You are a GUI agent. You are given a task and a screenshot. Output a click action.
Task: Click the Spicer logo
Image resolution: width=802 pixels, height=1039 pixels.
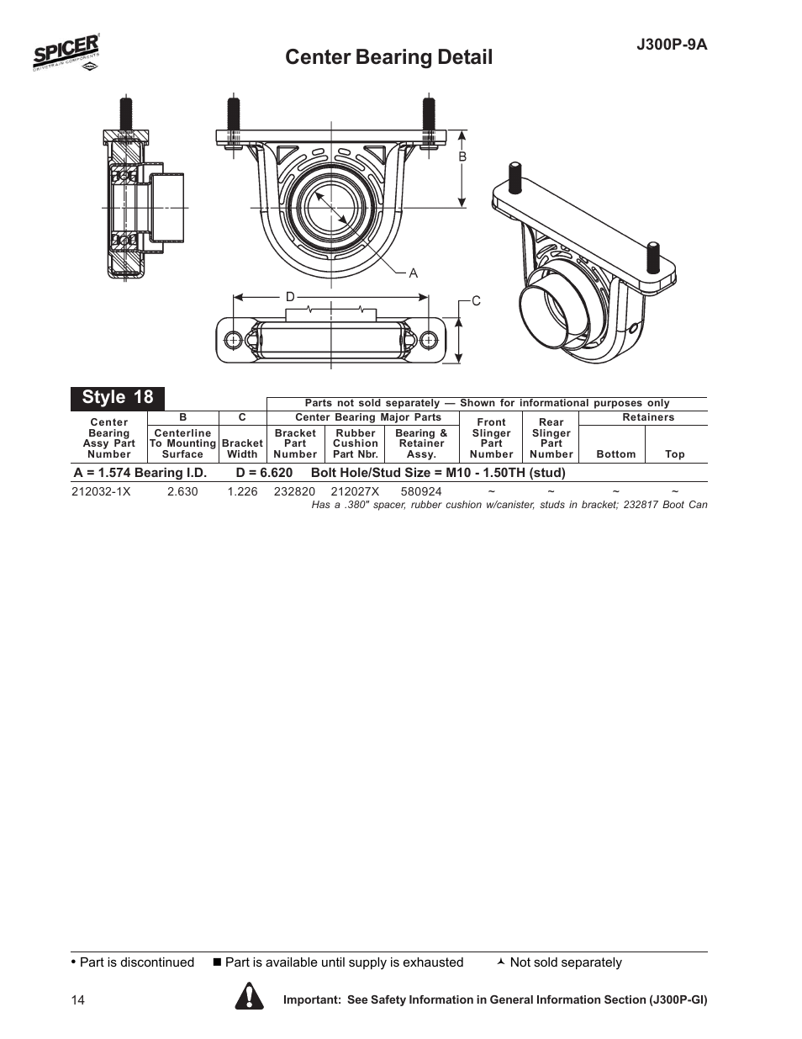(x=66, y=54)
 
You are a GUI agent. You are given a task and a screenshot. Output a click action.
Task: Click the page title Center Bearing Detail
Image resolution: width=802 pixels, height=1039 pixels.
(x=388, y=57)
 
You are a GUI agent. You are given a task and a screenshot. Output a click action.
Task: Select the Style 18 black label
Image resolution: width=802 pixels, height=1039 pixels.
(x=118, y=397)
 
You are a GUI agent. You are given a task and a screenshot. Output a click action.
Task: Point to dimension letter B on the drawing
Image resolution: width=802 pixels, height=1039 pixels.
(x=462, y=157)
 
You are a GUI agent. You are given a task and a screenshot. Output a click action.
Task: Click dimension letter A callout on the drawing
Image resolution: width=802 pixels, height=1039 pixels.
(x=413, y=273)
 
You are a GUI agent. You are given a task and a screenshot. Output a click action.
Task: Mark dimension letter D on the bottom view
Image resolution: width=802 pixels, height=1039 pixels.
(x=290, y=297)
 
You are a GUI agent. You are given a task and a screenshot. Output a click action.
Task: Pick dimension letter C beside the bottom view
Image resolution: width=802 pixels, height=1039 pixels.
(x=476, y=300)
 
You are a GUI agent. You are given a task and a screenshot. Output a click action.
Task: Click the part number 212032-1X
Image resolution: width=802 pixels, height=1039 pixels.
(x=102, y=491)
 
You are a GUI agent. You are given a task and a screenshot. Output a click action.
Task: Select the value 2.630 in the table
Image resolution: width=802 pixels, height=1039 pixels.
(x=182, y=491)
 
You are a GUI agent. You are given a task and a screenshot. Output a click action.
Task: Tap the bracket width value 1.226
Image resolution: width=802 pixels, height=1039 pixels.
(x=242, y=491)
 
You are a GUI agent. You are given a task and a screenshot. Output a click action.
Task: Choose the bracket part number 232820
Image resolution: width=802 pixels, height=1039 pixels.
(x=294, y=491)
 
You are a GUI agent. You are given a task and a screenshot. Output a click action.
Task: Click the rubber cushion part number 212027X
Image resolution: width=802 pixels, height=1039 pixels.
(x=355, y=491)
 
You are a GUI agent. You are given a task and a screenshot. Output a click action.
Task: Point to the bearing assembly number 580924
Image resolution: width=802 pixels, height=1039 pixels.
(x=421, y=491)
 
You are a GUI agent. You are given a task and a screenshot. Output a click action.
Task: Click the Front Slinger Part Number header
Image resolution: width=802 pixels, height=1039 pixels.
(x=491, y=438)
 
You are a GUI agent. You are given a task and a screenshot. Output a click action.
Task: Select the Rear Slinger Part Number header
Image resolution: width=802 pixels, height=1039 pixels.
(x=551, y=438)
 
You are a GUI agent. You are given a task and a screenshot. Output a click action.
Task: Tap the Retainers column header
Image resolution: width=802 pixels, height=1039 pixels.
(x=648, y=417)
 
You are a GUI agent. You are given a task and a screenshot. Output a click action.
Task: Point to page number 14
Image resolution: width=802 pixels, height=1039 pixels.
(x=78, y=1000)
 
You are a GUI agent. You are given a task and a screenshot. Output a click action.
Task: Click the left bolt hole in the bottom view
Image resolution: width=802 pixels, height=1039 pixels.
(x=233, y=339)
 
